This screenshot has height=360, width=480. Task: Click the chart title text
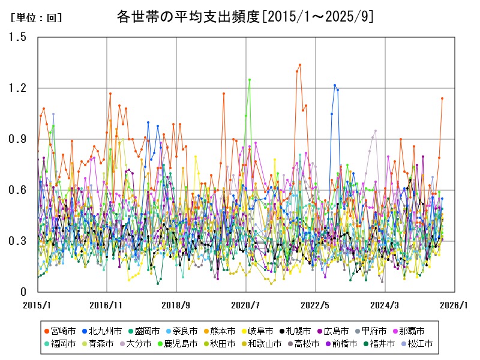coord(245,17)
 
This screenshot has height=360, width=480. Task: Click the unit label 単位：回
coord(36,18)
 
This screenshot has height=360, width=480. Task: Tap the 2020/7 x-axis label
coord(246,305)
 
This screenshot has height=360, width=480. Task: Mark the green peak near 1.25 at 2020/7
coord(250,80)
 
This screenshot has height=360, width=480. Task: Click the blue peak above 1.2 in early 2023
coord(335,85)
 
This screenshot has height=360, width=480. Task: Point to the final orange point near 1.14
coord(442,98)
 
